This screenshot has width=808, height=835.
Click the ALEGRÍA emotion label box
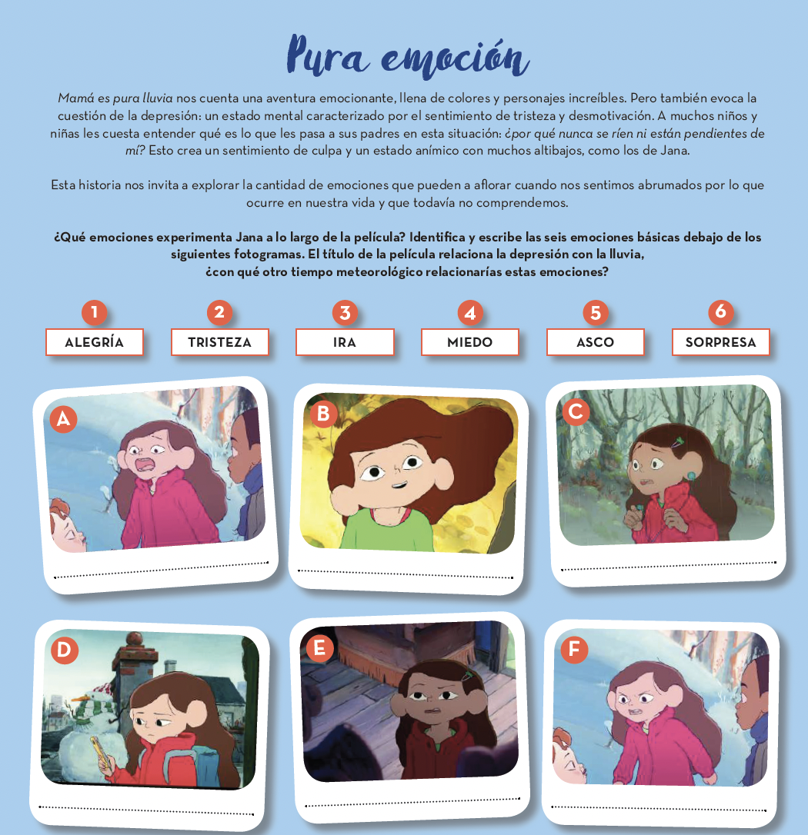pyautogui.click(x=95, y=342)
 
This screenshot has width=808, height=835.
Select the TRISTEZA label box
pyautogui.click(x=219, y=342)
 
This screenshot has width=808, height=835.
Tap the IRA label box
pyautogui.click(x=345, y=342)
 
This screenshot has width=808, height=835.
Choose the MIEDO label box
pyautogui.click(x=470, y=342)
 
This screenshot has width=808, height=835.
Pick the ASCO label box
pyautogui.click(x=596, y=342)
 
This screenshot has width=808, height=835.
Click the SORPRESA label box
pyautogui.click(x=720, y=342)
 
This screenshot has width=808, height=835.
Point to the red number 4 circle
pyautogui.click(x=470, y=313)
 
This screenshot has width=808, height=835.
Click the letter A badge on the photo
pyautogui.click(x=63, y=419)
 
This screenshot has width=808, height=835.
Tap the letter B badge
pyautogui.click(x=323, y=414)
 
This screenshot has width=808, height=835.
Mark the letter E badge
pyautogui.click(x=320, y=648)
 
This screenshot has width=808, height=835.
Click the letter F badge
pyautogui.click(x=574, y=649)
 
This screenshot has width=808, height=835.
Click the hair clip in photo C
pyautogui.click(x=677, y=442)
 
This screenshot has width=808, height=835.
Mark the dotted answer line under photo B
pyautogui.click(x=405, y=574)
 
